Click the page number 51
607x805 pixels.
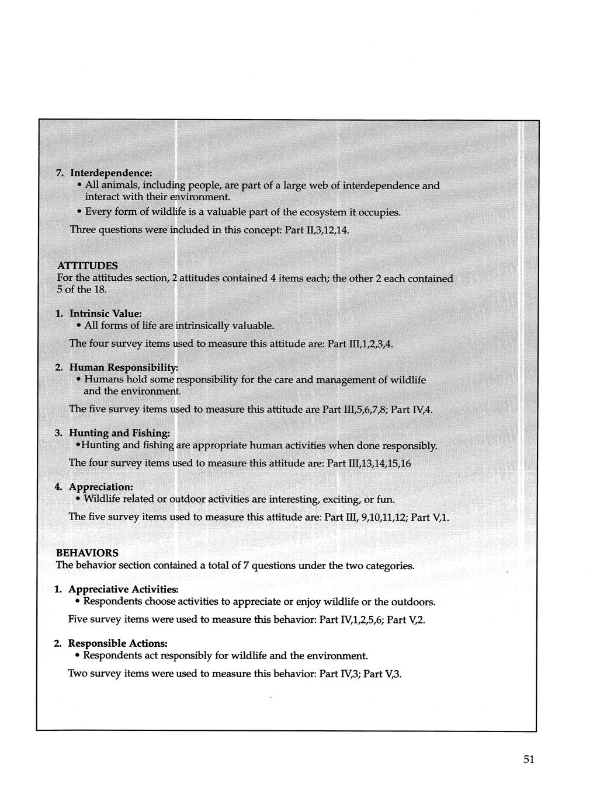click(529, 759)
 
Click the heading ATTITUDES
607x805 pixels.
click(87, 266)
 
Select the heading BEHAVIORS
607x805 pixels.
click(86, 552)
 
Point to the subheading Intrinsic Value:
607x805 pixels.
click(106, 313)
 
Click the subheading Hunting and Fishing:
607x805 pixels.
click(120, 433)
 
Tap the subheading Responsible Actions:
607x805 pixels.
click(118, 643)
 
